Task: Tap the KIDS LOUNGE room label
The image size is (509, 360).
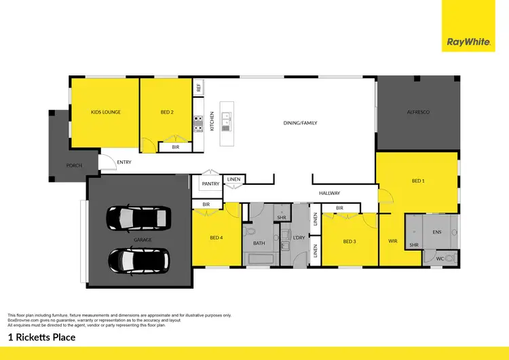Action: coord(106,112)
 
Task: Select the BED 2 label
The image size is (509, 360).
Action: coord(167,112)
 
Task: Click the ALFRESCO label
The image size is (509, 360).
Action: coord(418,111)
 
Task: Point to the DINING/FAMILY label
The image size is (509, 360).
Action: coord(300,123)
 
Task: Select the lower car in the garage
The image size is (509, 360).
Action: coord(140,260)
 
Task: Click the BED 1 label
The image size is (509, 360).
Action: coord(418,181)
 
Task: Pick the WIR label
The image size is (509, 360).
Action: coord(392,241)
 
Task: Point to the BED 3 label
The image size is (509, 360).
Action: coord(350,242)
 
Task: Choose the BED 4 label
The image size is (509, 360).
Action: coord(216,237)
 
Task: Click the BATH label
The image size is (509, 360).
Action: coord(259,242)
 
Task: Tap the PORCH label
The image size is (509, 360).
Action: coord(73,165)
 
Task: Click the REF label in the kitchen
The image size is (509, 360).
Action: coord(199,88)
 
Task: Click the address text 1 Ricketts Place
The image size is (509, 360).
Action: coord(41,337)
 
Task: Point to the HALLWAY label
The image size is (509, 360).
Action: coord(329,194)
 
